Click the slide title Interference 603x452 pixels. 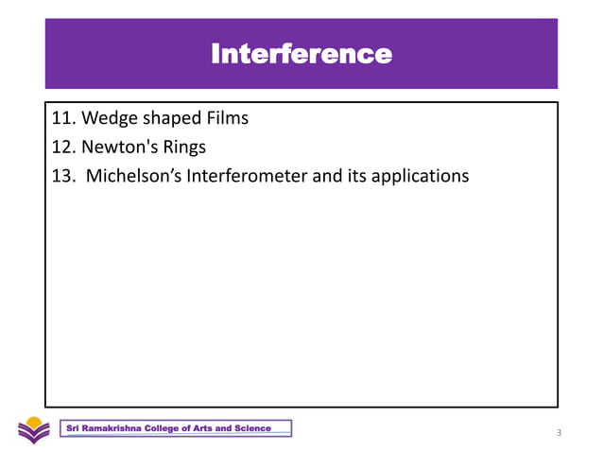(x=301, y=53)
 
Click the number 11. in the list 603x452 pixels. (x=63, y=119)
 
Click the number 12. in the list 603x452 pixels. (x=63, y=148)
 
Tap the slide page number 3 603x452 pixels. (x=559, y=433)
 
